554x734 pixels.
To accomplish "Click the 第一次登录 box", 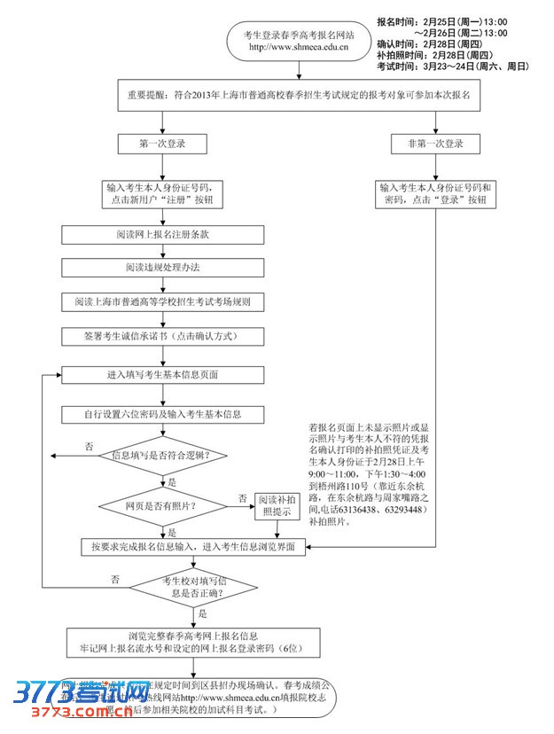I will [x=162, y=144].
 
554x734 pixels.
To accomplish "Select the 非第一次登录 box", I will [x=436, y=144].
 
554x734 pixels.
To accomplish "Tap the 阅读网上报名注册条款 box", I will [x=162, y=235].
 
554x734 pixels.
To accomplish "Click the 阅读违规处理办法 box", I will [x=162, y=268].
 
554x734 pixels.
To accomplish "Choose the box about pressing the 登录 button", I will [x=436, y=193].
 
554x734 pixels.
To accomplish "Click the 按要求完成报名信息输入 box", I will [x=193, y=547].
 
